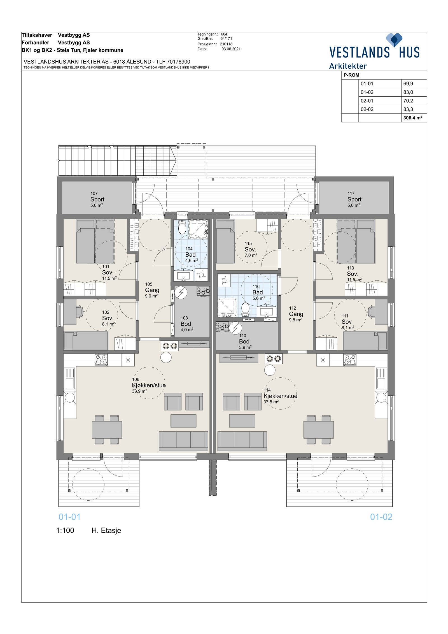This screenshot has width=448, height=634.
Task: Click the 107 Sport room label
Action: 97,199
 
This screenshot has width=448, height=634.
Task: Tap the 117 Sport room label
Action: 354,199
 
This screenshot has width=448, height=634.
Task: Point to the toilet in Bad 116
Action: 246,309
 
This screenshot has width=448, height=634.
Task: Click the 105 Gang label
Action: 152,290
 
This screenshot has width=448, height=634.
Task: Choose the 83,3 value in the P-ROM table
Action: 408,109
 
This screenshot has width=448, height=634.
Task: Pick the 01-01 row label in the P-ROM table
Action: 367,83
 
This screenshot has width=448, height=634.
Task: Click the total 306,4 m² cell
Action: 412,118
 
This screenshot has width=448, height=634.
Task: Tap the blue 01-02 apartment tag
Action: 381,517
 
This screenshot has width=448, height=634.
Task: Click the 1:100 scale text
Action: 65,530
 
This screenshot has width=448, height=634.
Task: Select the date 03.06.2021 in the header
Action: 231,49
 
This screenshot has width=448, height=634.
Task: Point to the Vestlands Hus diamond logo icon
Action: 394,40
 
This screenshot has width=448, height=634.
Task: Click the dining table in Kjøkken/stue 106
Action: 107,430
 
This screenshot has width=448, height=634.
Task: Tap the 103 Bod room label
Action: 186,324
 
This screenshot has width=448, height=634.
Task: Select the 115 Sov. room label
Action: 250,249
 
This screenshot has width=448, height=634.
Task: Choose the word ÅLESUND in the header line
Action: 139,62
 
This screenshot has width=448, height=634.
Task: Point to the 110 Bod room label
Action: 244,341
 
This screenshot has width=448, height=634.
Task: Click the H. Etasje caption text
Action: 106,530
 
